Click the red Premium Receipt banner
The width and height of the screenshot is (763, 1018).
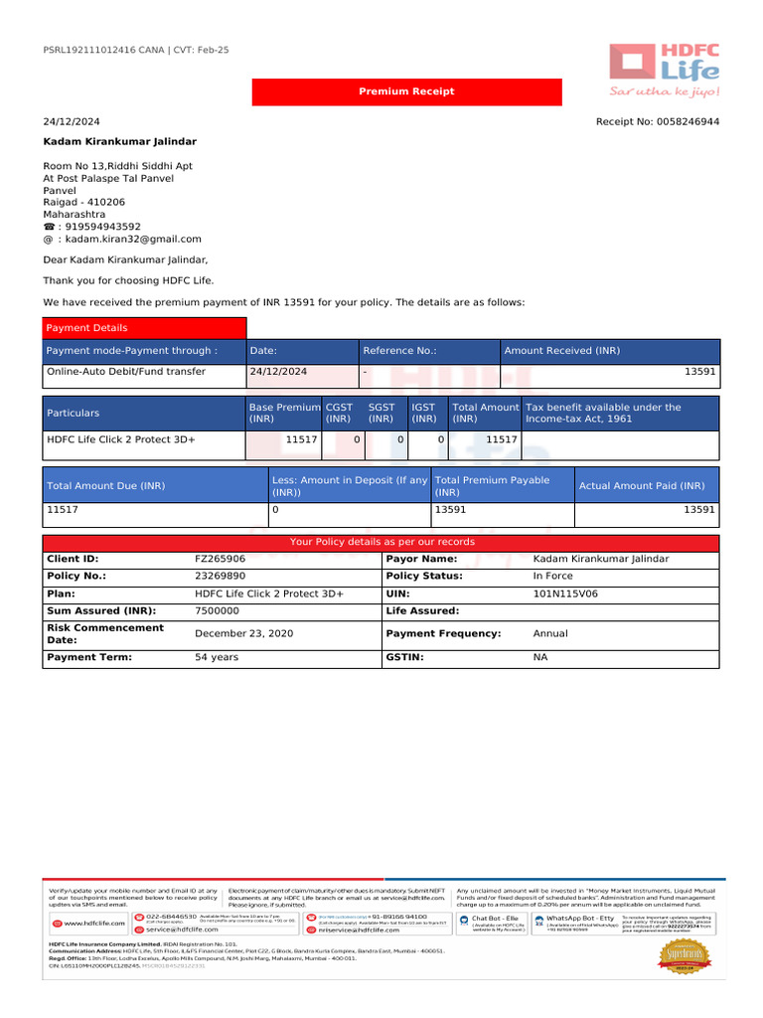pos(406,91)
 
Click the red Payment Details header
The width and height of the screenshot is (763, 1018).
pos(143,328)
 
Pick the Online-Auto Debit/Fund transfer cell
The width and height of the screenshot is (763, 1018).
pos(126,372)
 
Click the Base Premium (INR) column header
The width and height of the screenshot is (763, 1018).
pos(284,413)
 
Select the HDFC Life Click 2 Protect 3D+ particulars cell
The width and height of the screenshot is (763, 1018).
pos(121,438)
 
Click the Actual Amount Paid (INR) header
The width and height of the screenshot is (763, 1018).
pos(642,486)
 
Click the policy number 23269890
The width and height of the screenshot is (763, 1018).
pos(220,576)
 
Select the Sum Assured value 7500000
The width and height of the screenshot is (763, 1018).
pos(217,611)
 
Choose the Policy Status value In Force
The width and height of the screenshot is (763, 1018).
pos(553,576)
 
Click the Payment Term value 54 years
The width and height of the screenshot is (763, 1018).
pos(217,657)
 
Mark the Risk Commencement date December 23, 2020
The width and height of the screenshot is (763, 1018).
pos(244,633)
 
